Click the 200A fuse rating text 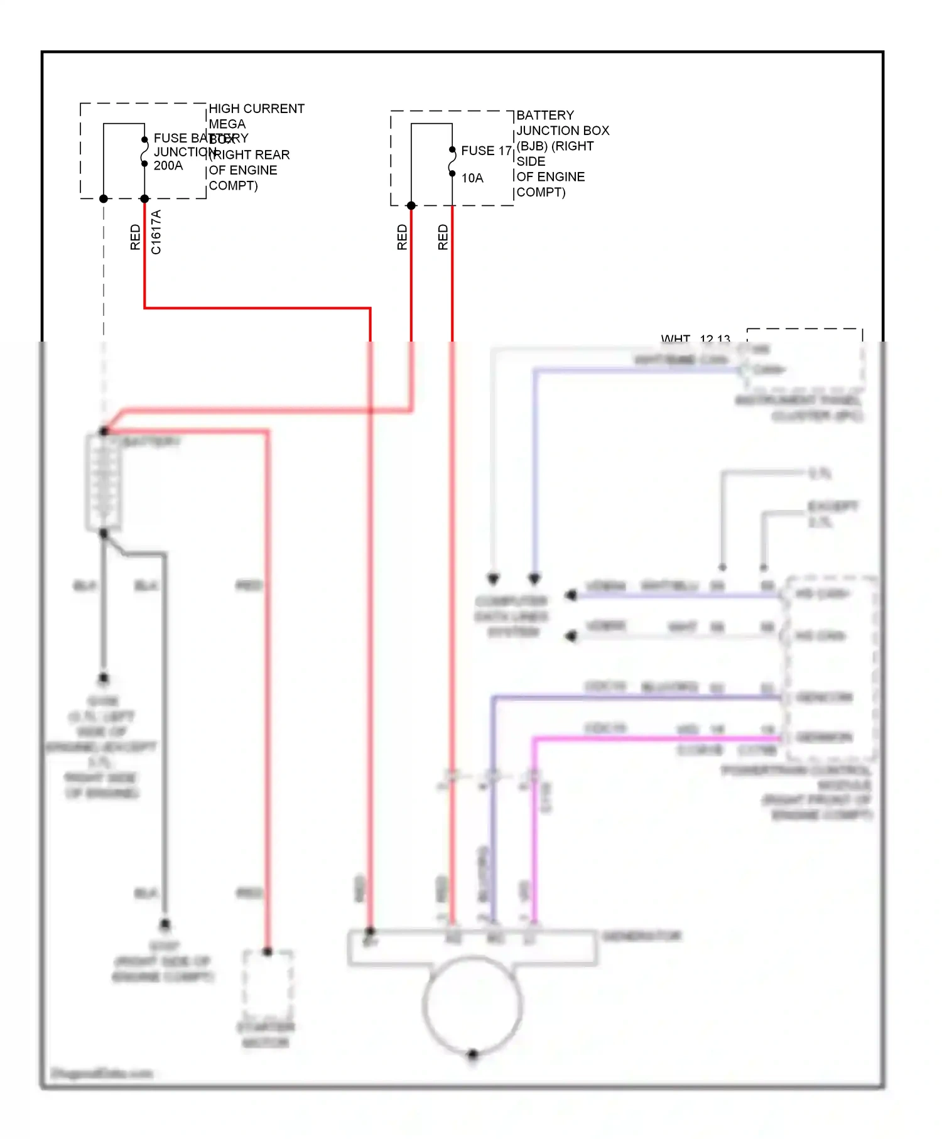168,166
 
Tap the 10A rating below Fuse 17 472,178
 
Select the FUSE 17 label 486,151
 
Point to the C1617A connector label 156,232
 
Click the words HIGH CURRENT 256,109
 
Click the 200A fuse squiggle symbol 144,152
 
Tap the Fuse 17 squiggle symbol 452,162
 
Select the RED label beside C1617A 135,237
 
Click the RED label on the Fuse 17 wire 443,237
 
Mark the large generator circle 472,1005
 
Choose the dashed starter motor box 268,986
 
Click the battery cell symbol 104,482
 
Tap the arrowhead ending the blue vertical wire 534,578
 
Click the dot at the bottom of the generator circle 473,1054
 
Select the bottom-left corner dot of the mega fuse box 104,199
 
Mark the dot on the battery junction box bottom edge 411,206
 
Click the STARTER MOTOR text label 266,1035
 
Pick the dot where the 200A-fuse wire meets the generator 371,931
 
